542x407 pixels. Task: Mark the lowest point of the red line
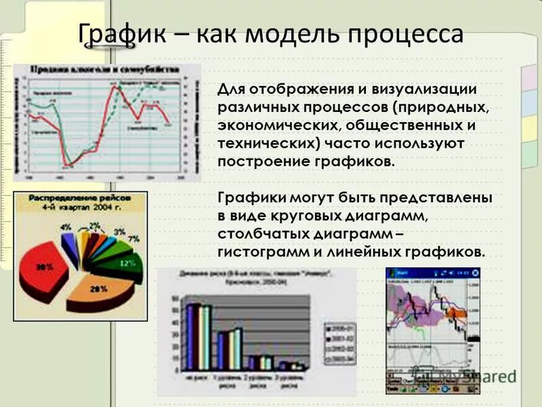click(68, 163)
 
